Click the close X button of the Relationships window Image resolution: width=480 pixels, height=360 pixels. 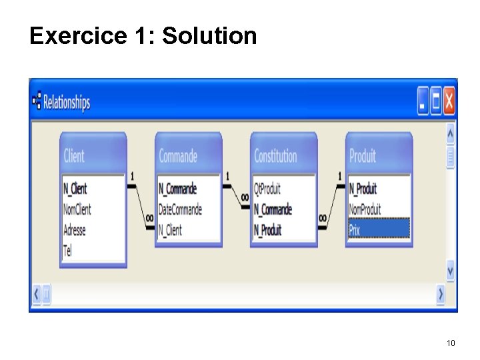click(x=449, y=101)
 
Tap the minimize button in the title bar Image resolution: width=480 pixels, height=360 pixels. click(x=423, y=101)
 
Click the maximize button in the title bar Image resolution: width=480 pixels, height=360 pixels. click(x=436, y=101)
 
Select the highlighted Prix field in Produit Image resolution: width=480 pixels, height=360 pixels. click(x=378, y=229)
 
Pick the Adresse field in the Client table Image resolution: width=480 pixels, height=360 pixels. click(x=75, y=230)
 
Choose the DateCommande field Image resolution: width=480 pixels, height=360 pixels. click(x=180, y=209)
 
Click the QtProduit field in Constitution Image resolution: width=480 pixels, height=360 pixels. click(x=267, y=189)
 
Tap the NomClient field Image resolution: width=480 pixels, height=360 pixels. click(x=77, y=209)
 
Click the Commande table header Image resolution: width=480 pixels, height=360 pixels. click(x=179, y=156)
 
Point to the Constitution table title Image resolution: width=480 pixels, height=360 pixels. click(x=275, y=156)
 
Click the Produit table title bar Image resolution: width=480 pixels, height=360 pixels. click(x=363, y=156)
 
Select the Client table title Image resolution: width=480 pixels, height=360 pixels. click(x=74, y=156)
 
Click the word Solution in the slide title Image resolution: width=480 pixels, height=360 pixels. click(x=209, y=36)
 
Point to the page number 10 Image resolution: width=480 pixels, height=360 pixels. click(x=451, y=343)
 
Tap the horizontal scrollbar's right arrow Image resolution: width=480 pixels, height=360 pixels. click(x=441, y=293)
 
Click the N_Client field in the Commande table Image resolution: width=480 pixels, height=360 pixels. click(x=170, y=230)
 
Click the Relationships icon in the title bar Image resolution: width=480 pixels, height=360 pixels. click(x=37, y=101)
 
